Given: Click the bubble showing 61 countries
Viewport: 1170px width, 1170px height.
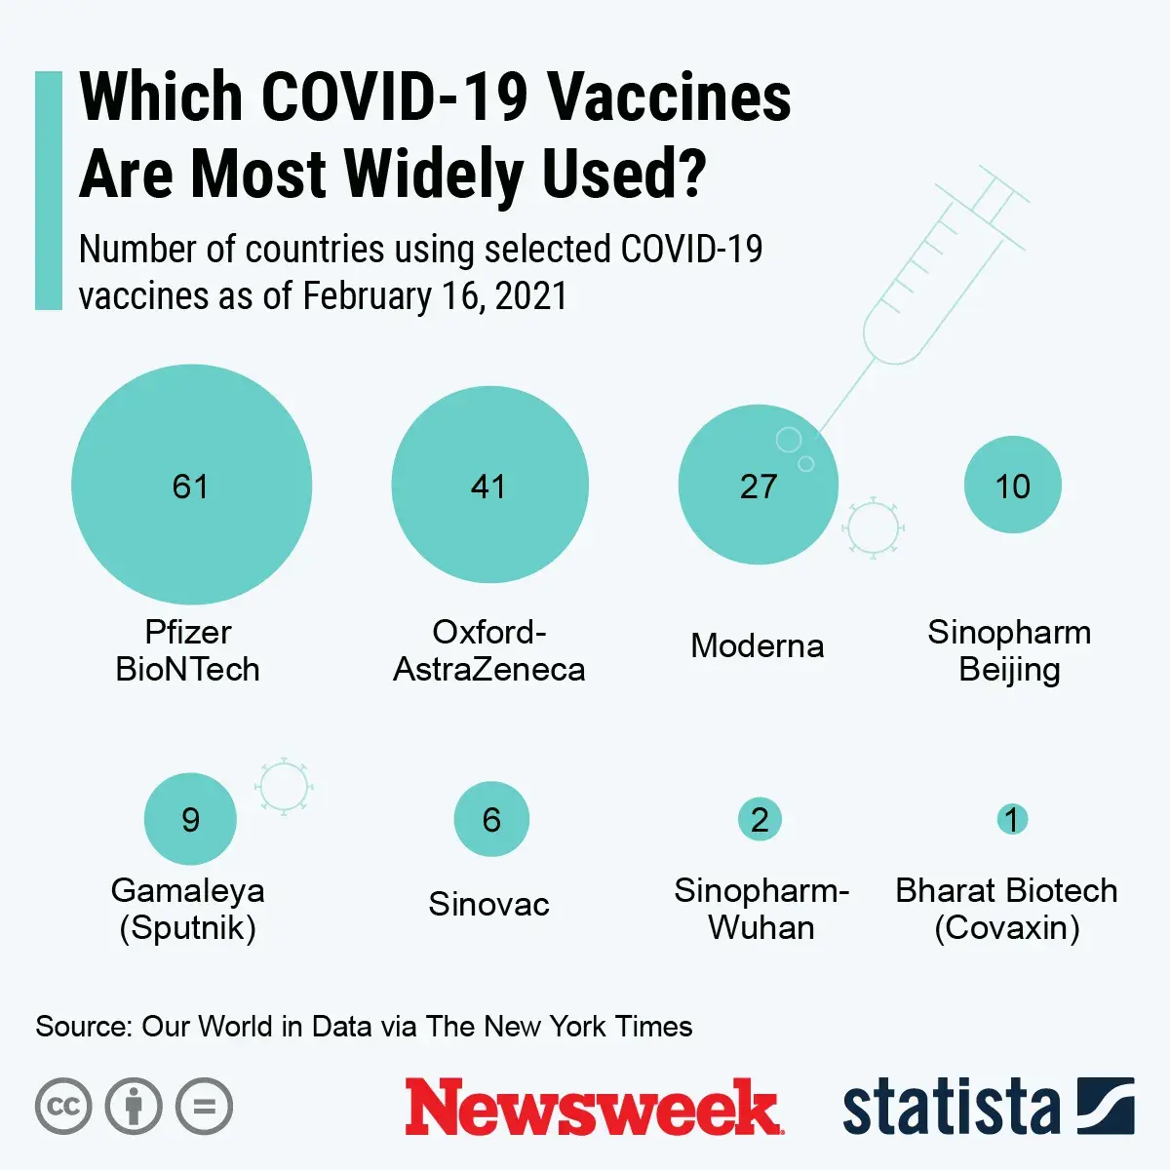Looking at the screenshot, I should (x=191, y=485).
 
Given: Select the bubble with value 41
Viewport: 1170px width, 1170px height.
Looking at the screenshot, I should (x=489, y=485).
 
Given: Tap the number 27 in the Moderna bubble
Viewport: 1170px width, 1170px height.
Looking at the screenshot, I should (x=759, y=487).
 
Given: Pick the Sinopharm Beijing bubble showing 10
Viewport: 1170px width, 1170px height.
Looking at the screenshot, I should (x=1012, y=485).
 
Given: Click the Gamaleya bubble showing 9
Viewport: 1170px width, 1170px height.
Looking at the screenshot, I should (x=190, y=819).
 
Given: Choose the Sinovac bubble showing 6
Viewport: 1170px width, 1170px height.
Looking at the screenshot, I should (x=491, y=819).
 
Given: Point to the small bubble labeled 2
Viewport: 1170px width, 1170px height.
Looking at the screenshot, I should (x=760, y=819).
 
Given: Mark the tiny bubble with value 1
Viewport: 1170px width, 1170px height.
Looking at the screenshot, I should (x=1012, y=819).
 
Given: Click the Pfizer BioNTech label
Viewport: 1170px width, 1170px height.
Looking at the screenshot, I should (x=187, y=650).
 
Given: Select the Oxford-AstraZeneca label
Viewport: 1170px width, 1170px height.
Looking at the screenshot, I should (x=488, y=650).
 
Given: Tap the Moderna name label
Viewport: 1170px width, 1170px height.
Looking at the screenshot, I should (x=757, y=645).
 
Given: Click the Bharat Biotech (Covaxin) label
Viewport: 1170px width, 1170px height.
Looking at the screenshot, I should (x=1006, y=909).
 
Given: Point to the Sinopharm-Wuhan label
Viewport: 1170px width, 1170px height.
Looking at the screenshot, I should (x=760, y=909).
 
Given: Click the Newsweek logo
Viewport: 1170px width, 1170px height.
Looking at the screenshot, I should (x=592, y=1108).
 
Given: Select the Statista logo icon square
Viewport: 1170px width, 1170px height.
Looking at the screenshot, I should (x=1106, y=1106).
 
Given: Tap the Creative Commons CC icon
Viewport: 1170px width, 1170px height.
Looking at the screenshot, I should (x=63, y=1107).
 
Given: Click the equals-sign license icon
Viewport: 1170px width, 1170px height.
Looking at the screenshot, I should (x=204, y=1107).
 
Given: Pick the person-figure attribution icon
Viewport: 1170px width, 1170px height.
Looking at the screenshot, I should (x=134, y=1107).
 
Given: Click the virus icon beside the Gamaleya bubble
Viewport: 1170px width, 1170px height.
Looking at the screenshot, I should (x=283, y=786).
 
